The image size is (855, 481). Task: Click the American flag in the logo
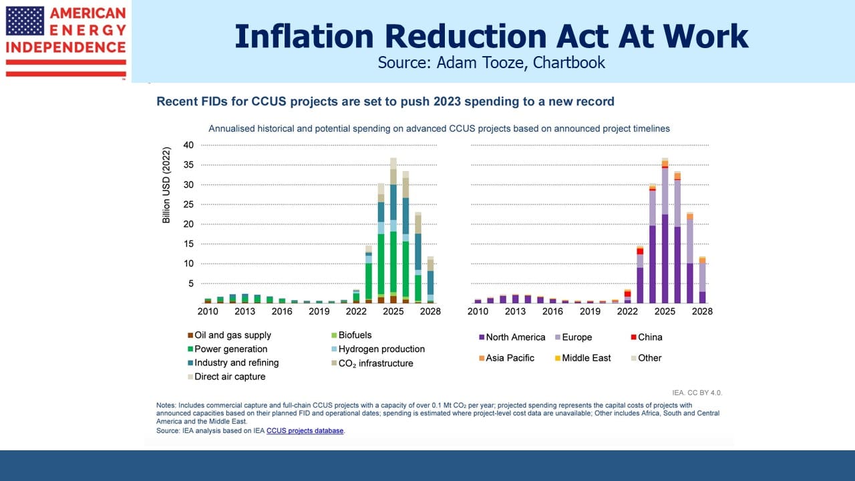[25, 21]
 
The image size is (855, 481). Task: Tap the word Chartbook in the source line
[568, 63]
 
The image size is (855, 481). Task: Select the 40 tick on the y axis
[188, 145]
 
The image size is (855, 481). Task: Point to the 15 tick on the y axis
[188, 244]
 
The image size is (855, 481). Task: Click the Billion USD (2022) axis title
[166, 185]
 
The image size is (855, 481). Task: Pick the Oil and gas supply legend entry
[229, 335]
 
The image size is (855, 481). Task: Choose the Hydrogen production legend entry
[378, 349]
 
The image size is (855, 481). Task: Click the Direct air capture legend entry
[226, 376]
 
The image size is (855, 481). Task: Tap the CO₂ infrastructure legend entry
[372, 363]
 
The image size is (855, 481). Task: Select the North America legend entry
[512, 337]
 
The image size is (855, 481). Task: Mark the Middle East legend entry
[583, 358]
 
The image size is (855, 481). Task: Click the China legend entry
[647, 337]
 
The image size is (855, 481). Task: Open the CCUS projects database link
[305, 431]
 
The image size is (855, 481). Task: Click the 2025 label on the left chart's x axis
[393, 311]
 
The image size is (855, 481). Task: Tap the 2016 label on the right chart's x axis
[552, 311]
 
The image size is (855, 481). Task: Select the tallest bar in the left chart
[393, 230]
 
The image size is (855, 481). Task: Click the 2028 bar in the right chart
[702, 280]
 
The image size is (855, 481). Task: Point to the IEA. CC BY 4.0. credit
[697, 393]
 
